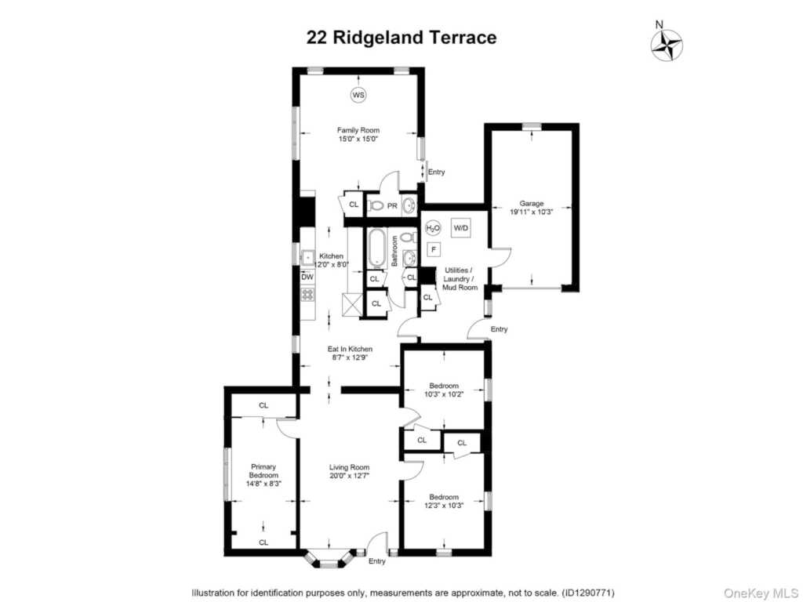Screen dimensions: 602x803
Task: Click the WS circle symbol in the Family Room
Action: [358, 95]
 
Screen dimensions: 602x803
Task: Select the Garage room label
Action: [531, 204]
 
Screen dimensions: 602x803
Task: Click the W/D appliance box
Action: [461, 228]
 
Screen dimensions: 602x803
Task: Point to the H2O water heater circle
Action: [433, 228]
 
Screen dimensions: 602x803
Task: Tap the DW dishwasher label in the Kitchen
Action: [307, 277]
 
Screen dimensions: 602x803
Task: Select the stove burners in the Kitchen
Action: [307, 295]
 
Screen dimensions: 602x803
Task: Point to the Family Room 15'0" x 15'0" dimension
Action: [358, 140]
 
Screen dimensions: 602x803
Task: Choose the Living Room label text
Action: [349, 467]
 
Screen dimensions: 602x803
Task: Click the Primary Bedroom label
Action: [263, 471]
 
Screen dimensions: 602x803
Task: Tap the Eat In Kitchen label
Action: [350, 349]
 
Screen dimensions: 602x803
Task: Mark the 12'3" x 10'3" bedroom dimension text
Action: [444, 506]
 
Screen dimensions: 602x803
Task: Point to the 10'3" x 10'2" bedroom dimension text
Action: [444, 394]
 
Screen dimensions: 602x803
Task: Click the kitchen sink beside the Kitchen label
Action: [308, 256]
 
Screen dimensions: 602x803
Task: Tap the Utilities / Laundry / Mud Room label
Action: [461, 278]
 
